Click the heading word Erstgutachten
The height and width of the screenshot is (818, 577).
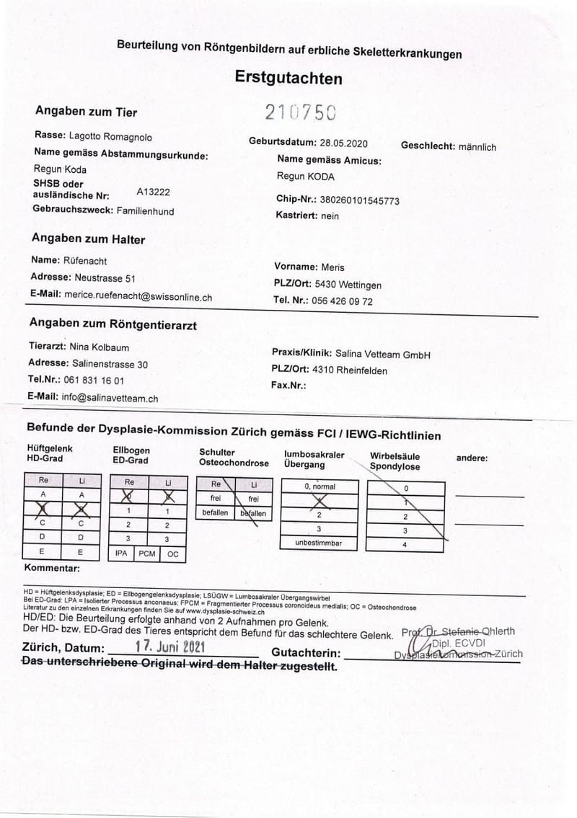[x=288, y=78]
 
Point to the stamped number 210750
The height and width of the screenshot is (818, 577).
[x=299, y=112]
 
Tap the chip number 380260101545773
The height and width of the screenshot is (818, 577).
[x=359, y=200]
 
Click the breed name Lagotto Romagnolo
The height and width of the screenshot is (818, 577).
[x=110, y=136]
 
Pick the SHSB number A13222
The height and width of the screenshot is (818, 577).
[x=153, y=192]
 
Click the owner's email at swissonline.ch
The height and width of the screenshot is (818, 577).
[x=138, y=296]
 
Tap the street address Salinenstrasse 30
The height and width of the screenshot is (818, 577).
[x=110, y=364]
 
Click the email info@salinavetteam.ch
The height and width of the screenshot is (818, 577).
[x=110, y=397]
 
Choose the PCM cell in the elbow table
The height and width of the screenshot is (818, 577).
[x=146, y=554]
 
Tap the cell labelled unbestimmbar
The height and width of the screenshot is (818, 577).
[x=318, y=543]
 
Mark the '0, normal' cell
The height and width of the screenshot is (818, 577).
[x=319, y=486]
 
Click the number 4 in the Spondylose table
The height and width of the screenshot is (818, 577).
[x=405, y=545]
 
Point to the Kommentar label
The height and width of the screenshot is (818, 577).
[x=51, y=569]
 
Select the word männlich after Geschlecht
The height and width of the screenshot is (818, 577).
[x=477, y=146]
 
